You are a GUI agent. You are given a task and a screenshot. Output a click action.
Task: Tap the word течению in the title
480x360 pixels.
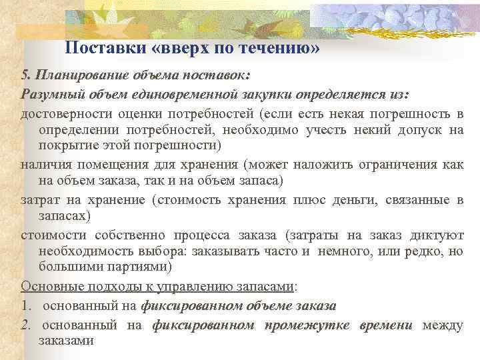[280, 49]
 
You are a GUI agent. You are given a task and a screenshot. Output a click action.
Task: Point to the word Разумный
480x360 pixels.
[48, 94]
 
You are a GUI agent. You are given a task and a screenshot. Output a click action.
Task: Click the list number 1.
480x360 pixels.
[25, 305]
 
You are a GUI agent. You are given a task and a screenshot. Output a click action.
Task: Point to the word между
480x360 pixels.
[443, 325]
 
